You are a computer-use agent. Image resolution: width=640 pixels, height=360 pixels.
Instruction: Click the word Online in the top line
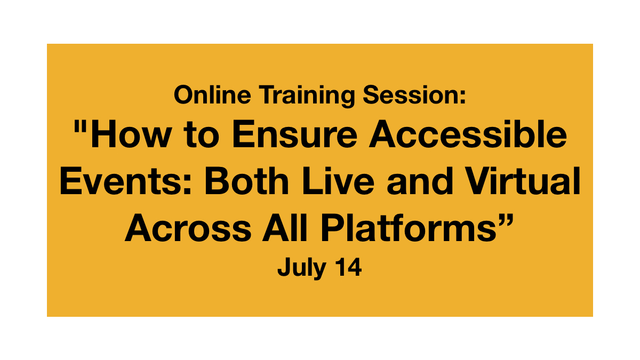point(212,94)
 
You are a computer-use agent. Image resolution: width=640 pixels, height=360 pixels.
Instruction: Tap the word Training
point(307,97)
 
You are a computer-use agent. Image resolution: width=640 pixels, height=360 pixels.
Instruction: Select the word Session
point(411,94)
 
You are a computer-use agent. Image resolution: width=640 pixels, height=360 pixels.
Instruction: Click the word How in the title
point(131,134)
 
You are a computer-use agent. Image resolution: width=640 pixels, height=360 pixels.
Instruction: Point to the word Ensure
point(295,134)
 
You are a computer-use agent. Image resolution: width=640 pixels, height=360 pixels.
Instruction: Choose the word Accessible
point(468,133)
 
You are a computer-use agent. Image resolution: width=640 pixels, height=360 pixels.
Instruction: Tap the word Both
point(246,181)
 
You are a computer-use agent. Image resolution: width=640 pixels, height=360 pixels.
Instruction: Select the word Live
point(338,181)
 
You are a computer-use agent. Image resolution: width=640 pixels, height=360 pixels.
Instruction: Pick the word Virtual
point(522,181)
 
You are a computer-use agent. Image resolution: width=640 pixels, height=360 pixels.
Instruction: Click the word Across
point(188,228)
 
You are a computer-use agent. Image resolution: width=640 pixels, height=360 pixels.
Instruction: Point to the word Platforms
point(409,228)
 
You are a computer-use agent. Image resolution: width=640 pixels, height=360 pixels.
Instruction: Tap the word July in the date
point(302,267)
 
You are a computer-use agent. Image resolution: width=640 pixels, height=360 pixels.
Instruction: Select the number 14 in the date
point(349,267)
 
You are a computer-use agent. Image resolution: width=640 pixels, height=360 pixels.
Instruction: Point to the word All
point(285,228)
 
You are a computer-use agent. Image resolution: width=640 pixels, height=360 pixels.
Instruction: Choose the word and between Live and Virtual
point(420,181)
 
